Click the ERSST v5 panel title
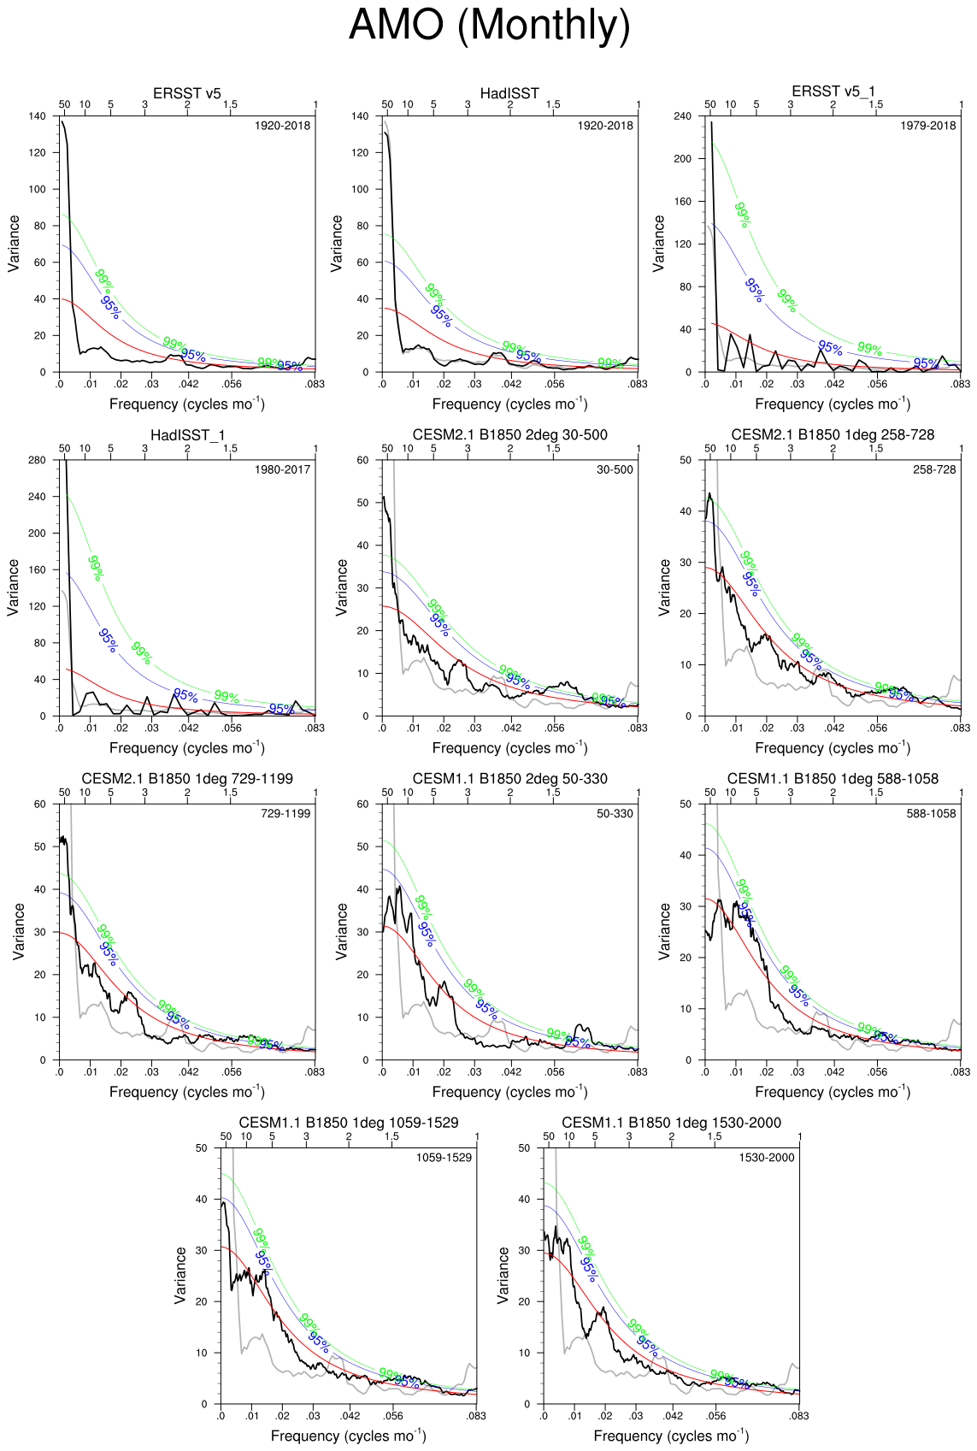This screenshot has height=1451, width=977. pyautogui.click(x=187, y=93)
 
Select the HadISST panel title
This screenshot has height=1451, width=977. pyautogui.click(x=509, y=93)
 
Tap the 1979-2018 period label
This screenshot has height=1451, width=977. pyautogui.click(x=927, y=126)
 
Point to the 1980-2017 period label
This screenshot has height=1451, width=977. pyautogui.click(x=282, y=469)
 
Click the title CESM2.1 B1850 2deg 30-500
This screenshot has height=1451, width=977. pyautogui.click(x=509, y=435)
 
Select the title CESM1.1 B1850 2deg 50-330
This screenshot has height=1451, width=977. pyautogui.click(x=509, y=779)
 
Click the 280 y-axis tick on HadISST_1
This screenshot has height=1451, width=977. pyautogui.click(x=37, y=460)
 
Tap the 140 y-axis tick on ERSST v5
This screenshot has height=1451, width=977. pyautogui.click(x=37, y=116)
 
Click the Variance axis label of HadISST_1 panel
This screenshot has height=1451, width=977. pyautogui.click(x=14, y=587)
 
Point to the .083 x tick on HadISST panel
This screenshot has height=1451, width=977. pyautogui.click(x=638, y=385)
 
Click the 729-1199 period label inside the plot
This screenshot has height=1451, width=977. pyautogui.click(x=285, y=813)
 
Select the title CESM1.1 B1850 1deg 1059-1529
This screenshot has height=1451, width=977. pyautogui.click(x=349, y=1123)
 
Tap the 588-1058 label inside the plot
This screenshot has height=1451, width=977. pyautogui.click(x=931, y=813)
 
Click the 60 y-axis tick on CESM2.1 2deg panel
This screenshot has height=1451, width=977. pyautogui.click(x=362, y=460)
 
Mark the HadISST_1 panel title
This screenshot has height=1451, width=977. pyautogui.click(x=187, y=435)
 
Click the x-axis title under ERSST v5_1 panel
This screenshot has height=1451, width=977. pyautogui.click(x=833, y=404)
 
